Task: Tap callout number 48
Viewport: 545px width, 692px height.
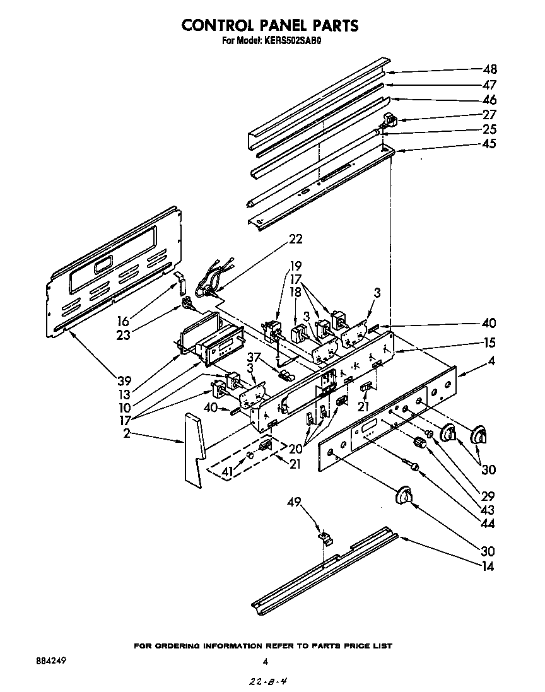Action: point(489,69)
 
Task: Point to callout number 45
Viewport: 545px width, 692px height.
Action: point(489,143)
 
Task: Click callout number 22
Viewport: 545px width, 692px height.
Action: point(295,239)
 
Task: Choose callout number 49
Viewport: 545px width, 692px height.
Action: point(295,502)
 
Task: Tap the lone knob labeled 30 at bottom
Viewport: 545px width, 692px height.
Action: point(404,496)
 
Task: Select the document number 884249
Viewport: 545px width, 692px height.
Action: point(48,661)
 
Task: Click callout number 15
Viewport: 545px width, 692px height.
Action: point(489,343)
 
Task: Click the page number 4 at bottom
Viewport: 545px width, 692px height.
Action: point(266,662)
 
